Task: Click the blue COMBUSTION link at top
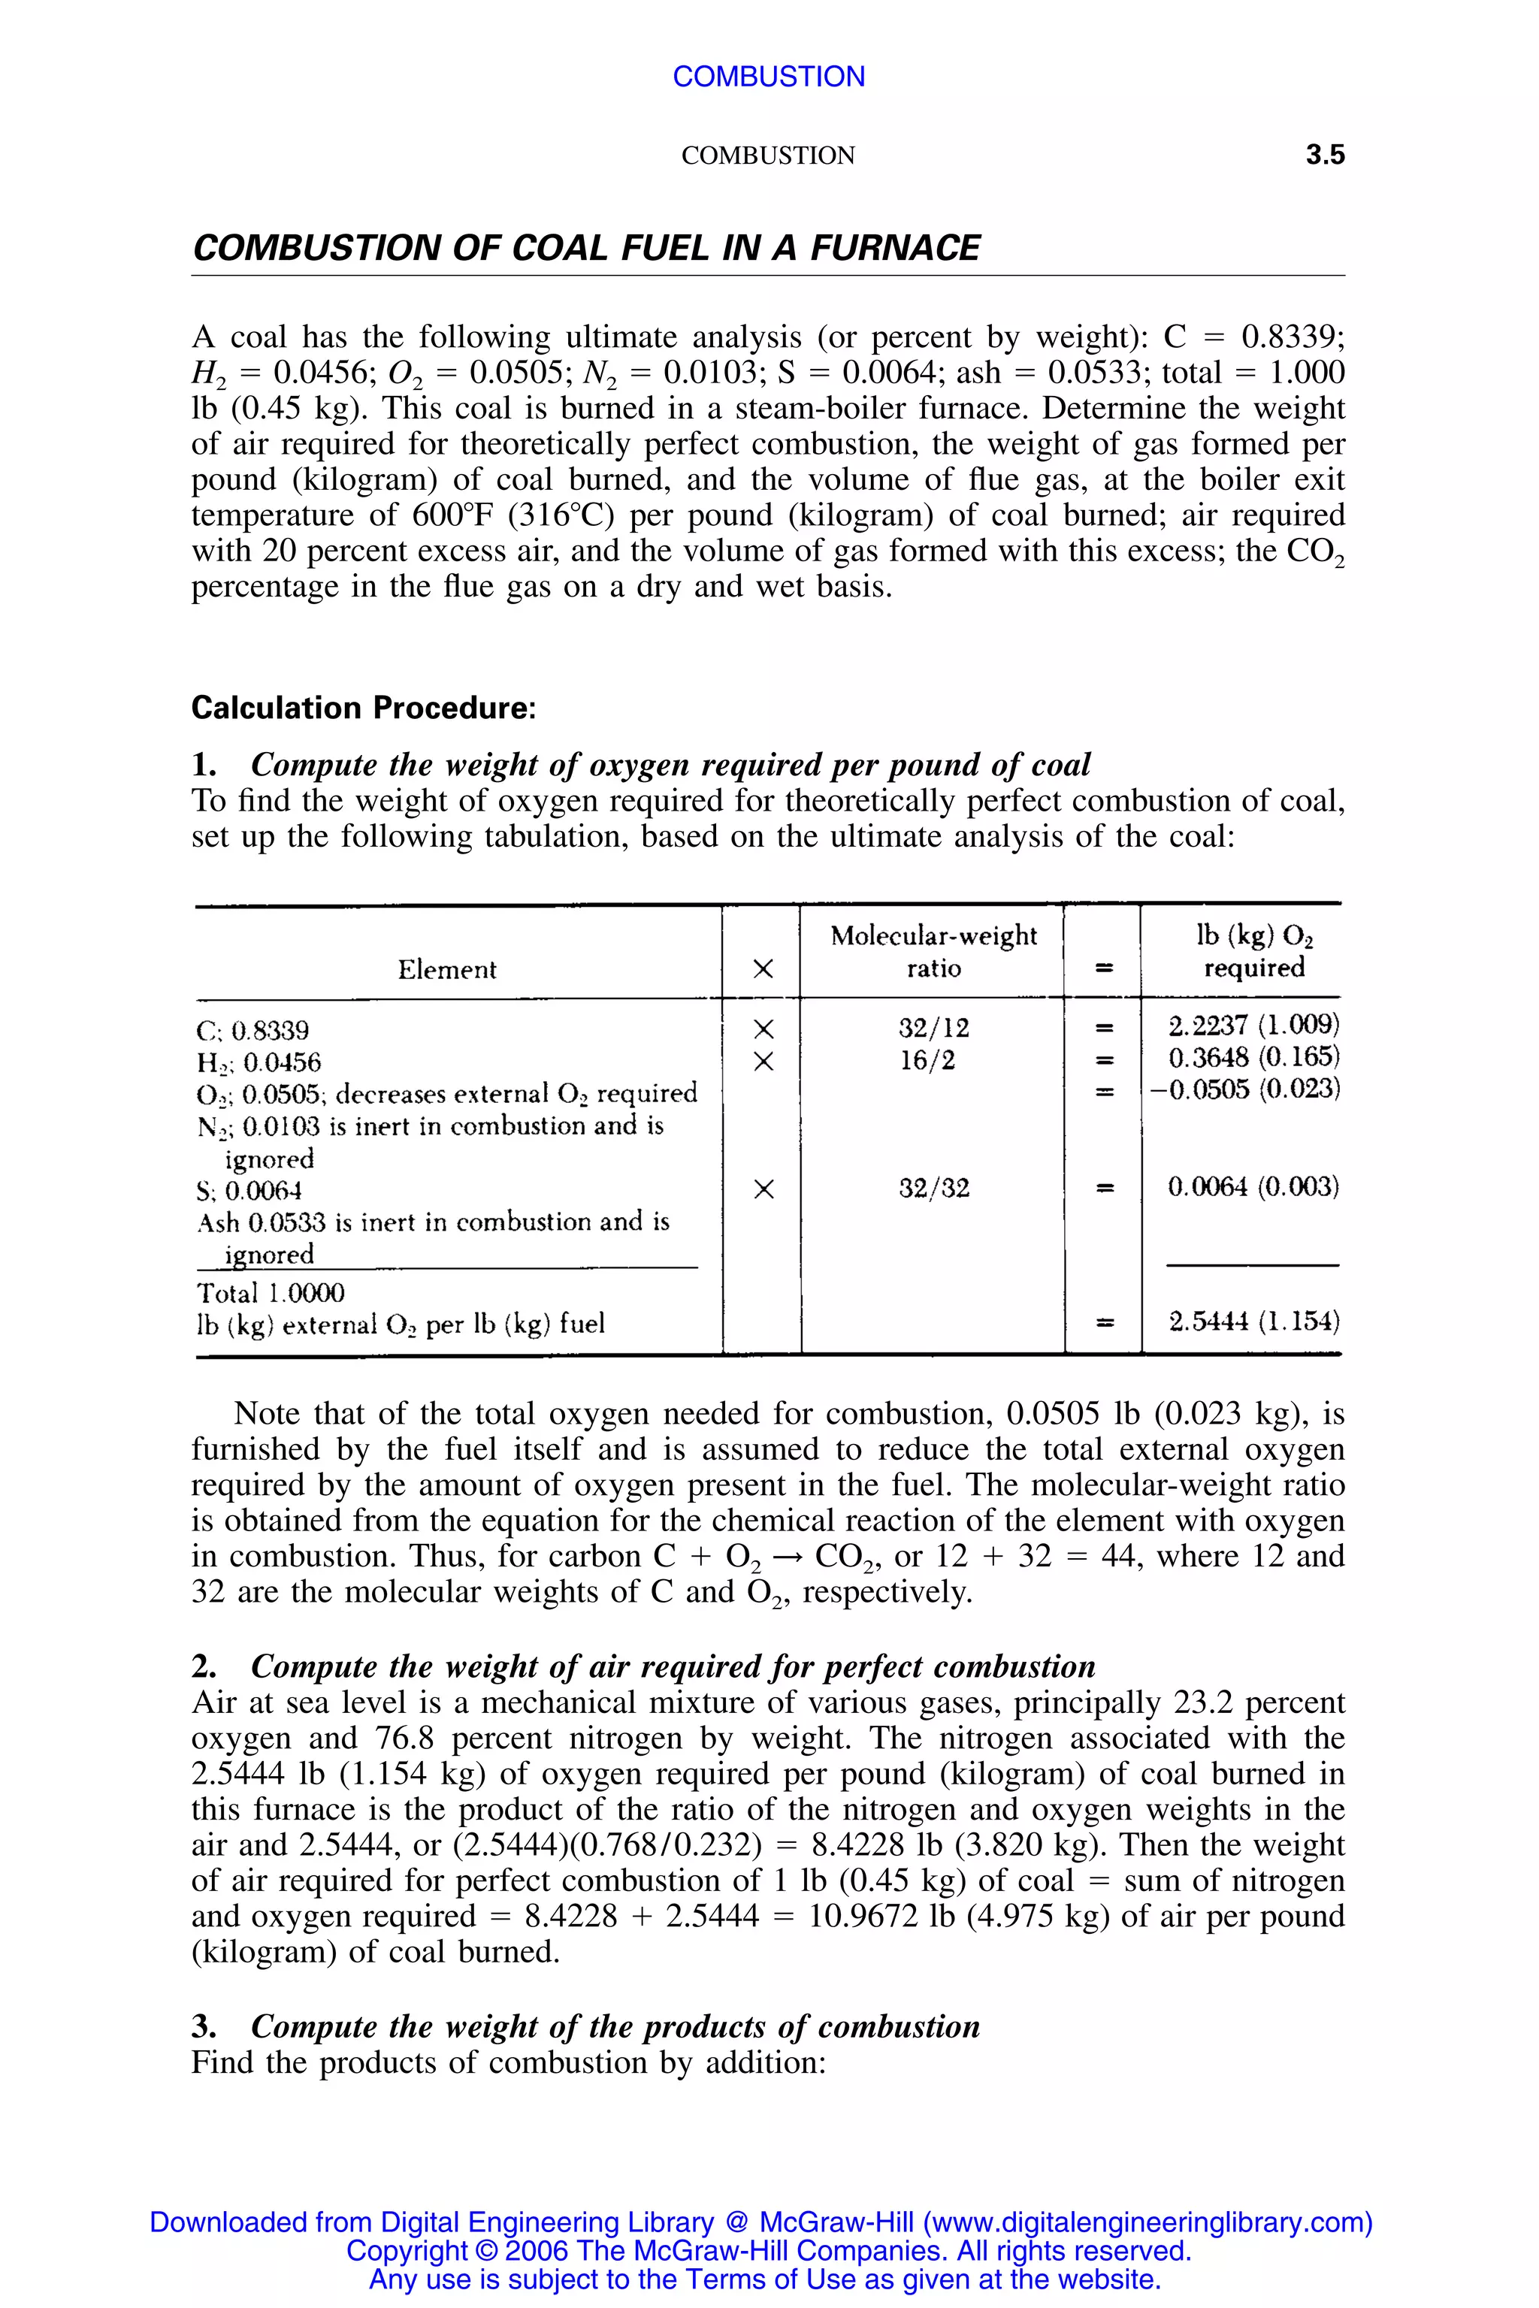[x=769, y=77]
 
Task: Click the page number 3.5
[x=1324, y=155]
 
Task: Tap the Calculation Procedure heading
[x=363, y=708]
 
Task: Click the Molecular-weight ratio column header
[x=933, y=951]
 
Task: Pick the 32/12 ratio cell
[x=933, y=1029]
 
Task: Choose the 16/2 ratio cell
[x=927, y=1061]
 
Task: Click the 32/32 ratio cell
[x=933, y=1189]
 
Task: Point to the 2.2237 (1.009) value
[x=1253, y=1026]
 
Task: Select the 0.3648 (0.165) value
[x=1253, y=1058]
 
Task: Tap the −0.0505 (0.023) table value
[x=1244, y=1089]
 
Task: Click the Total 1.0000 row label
[x=270, y=1292]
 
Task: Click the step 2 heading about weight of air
[x=673, y=1666]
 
